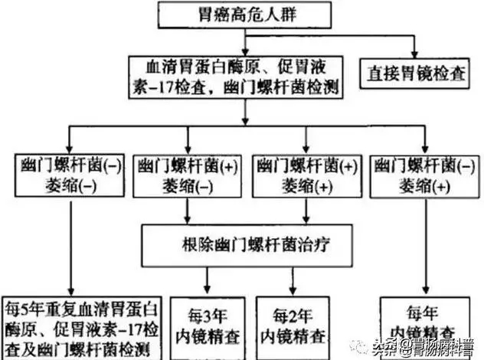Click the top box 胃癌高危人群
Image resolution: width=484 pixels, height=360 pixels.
coord(244,13)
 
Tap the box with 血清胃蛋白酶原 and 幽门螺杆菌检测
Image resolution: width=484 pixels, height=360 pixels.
coord(244,77)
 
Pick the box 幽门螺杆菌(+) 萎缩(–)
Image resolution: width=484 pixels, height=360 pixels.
coord(185,175)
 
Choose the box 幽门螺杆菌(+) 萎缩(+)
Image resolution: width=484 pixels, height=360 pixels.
coord(306,175)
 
